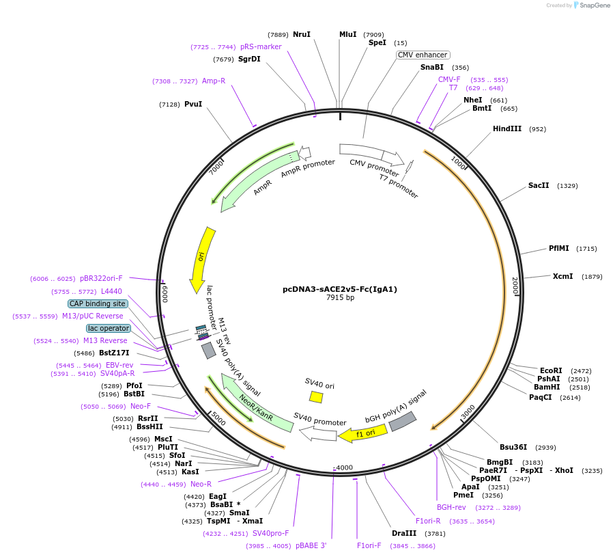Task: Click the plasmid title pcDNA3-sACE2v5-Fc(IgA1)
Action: (x=339, y=289)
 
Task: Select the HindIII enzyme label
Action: (x=507, y=128)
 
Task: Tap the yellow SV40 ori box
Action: (x=316, y=396)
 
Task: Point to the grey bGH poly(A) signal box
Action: (x=402, y=421)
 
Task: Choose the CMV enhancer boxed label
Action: (x=423, y=55)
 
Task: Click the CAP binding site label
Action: (x=98, y=303)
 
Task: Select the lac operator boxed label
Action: (x=108, y=328)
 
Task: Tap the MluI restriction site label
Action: (x=347, y=34)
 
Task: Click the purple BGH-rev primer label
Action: (x=451, y=507)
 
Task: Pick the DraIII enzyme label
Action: (x=403, y=533)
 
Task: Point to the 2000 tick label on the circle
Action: (x=515, y=286)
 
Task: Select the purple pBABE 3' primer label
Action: (x=311, y=545)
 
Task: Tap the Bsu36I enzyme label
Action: (x=513, y=447)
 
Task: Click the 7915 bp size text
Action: (x=339, y=298)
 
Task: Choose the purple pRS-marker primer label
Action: (x=261, y=46)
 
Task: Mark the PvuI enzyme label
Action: (x=193, y=104)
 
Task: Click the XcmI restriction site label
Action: (x=562, y=276)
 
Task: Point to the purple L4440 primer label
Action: (x=111, y=291)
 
